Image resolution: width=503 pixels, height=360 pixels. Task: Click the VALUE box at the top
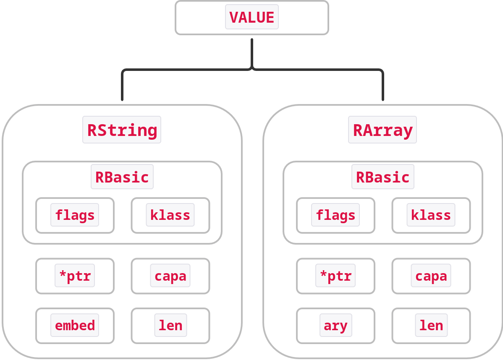click(x=252, y=18)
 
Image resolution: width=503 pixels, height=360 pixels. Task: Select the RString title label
click(x=122, y=130)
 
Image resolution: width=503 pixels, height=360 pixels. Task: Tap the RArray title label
click(x=382, y=130)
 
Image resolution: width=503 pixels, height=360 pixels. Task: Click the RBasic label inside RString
click(x=122, y=177)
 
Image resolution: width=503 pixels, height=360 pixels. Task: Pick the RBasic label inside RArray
click(x=383, y=177)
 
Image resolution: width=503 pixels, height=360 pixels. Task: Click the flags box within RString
click(x=75, y=215)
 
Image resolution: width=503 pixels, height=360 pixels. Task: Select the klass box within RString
click(x=170, y=215)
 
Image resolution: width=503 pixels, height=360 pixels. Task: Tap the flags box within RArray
click(x=335, y=215)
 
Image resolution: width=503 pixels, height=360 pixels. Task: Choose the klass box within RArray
click(x=431, y=215)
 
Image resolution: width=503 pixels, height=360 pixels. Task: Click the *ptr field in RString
click(x=75, y=276)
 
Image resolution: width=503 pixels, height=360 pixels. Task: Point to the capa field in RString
click(x=170, y=276)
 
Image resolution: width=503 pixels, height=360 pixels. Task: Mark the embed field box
click(x=75, y=326)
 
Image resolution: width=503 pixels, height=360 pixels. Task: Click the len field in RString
click(x=170, y=326)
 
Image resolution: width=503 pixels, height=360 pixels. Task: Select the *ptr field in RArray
click(x=335, y=276)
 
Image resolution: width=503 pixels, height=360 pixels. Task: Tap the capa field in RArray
click(x=431, y=276)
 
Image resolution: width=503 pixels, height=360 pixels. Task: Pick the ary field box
click(x=335, y=326)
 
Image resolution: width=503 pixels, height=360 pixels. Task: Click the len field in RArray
click(x=431, y=326)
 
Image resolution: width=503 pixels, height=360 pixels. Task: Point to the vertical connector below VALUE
click(x=252, y=52)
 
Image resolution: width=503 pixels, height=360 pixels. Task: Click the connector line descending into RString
click(x=122, y=86)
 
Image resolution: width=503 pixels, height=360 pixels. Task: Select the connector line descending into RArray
click(x=383, y=86)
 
